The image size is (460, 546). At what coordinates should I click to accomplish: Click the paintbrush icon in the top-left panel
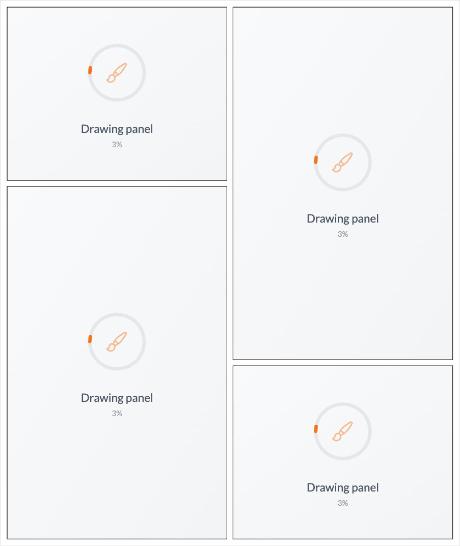pos(117,73)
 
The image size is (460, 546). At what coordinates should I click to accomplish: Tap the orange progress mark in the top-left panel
pos(90,70)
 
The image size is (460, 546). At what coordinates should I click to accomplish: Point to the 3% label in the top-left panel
pos(117,145)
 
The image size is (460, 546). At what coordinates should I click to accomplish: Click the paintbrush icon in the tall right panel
pos(342,162)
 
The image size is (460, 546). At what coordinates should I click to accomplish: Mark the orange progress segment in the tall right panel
pos(316,160)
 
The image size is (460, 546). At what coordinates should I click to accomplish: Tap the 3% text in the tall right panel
pos(343,234)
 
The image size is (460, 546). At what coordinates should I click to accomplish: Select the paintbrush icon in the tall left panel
pos(117,342)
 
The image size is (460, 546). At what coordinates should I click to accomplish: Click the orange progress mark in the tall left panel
pos(90,339)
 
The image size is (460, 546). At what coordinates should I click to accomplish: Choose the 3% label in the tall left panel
pos(117,414)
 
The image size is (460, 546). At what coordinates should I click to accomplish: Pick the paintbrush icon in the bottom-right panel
pos(342,431)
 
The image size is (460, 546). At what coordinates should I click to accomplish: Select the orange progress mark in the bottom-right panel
pos(316,429)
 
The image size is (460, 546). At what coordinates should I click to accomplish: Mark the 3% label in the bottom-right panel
pos(343,503)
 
